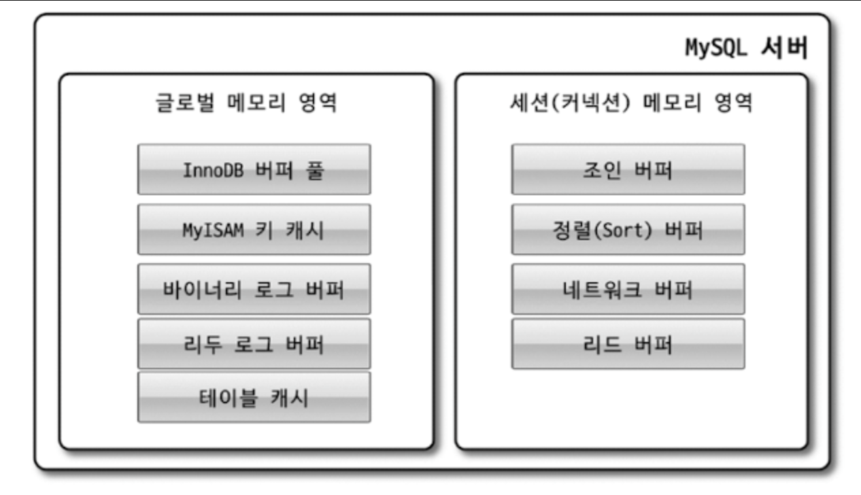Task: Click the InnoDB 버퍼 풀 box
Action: coord(254,169)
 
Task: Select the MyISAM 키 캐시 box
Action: coord(254,229)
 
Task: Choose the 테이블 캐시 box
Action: coord(254,396)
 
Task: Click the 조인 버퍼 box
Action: coord(628,169)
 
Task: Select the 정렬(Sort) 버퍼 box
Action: coord(628,229)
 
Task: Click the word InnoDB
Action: coord(209,169)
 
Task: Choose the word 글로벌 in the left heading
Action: coord(176,104)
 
